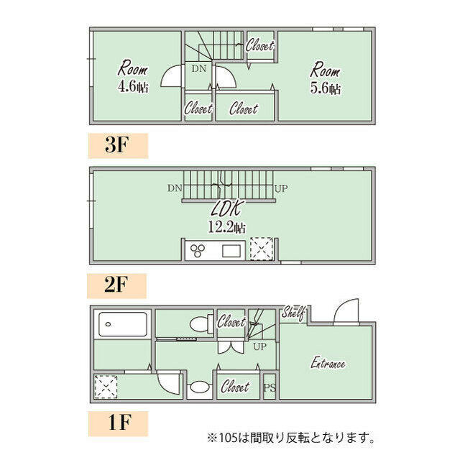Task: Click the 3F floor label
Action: (116, 145)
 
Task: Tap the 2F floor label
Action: (116, 285)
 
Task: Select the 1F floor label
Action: (119, 422)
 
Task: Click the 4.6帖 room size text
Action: (134, 87)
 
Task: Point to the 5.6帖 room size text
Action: (326, 88)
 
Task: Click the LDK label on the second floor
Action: (226, 208)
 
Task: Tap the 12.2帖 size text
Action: (227, 227)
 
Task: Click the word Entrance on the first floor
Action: (328, 363)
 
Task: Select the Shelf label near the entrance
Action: (293, 313)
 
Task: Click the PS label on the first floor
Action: (270, 388)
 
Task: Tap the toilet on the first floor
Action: (201, 324)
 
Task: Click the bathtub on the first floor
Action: (123, 324)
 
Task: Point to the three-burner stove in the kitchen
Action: (198, 251)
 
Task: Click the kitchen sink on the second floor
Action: (231, 251)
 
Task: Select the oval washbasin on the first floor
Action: (200, 387)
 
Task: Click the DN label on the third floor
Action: (199, 69)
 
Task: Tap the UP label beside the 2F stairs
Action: (281, 188)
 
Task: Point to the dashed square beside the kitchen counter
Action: (262, 249)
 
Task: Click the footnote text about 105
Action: (290, 438)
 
